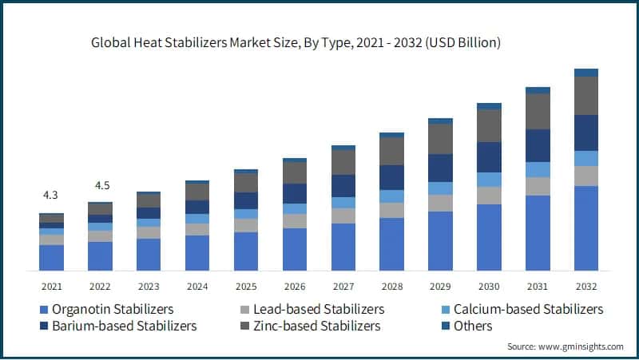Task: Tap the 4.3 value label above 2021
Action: click(51, 195)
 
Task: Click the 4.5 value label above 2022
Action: click(102, 185)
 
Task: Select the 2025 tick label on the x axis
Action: click(246, 286)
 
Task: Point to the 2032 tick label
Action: click(586, 286)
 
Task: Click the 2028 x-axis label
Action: click(391, 286)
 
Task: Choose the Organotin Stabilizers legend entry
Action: click(112, 309)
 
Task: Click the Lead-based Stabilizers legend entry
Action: click(318, 309)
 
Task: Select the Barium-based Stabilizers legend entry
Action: click(123, 326)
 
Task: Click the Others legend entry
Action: click(472, 326)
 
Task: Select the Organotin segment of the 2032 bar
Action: click(586, 228)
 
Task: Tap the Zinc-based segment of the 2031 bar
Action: click(538, 111)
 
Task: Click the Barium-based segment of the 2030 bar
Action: click(489, 156)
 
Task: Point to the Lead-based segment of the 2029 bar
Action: click(440, 203)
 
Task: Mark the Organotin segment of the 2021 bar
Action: click(51, 257)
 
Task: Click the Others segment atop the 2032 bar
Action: click(586, 73)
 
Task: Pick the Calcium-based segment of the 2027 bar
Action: click(343, 203)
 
